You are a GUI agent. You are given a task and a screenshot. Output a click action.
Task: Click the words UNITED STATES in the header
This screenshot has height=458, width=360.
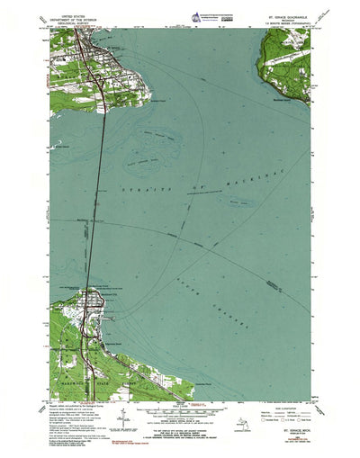(x=75, y=12)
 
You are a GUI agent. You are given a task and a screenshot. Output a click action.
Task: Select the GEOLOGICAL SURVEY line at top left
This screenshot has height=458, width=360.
(x=75, y=21)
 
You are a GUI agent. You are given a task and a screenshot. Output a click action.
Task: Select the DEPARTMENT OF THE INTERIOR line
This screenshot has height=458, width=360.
(x=75, y=16)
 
